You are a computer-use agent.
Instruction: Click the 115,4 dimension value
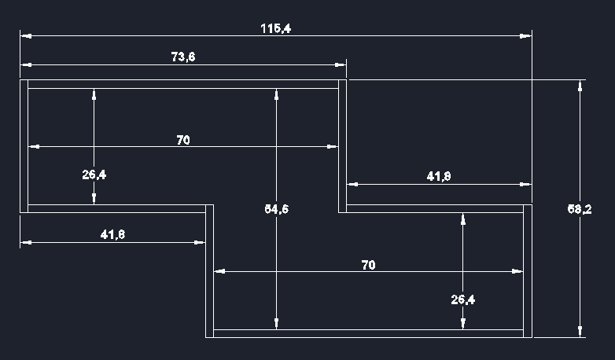click(x=275, y=28)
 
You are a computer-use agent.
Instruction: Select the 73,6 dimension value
click(x=182, y=56)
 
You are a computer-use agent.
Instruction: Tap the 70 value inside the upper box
click(x=182, y=140)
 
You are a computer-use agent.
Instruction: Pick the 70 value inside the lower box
click(x=368, y=265)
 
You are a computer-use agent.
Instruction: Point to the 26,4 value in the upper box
click(x=94, y=174)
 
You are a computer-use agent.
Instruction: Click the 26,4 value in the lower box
click(x=462, y=299)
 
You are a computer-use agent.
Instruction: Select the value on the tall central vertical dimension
click(x=276, y=209)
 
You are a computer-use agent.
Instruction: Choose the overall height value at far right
click(x=580, y=209)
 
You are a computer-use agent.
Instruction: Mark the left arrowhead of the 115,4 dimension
click(x=25, y=36)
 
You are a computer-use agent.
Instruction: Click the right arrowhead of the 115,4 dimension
click(x=527, y=36)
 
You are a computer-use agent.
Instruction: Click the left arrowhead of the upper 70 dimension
click(x=33, y=146)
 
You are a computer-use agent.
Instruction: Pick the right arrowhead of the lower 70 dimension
click(x=518, y=271)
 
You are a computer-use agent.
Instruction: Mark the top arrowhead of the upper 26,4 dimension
click(x=94, y=93)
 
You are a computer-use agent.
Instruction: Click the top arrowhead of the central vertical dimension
click(x=277, y=93)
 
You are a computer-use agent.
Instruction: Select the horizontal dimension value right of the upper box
click(x=438, y=177)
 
